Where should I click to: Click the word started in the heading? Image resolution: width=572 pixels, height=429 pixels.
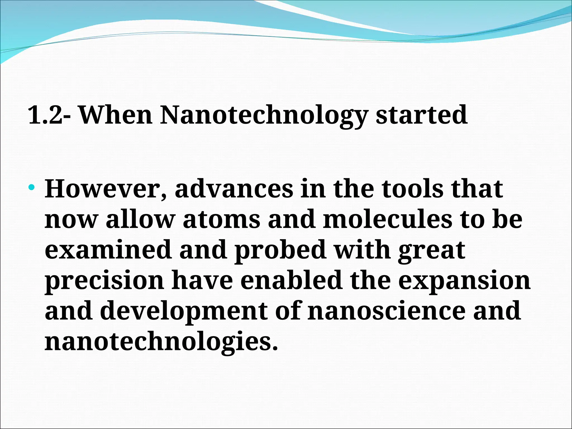click(421, 115)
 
